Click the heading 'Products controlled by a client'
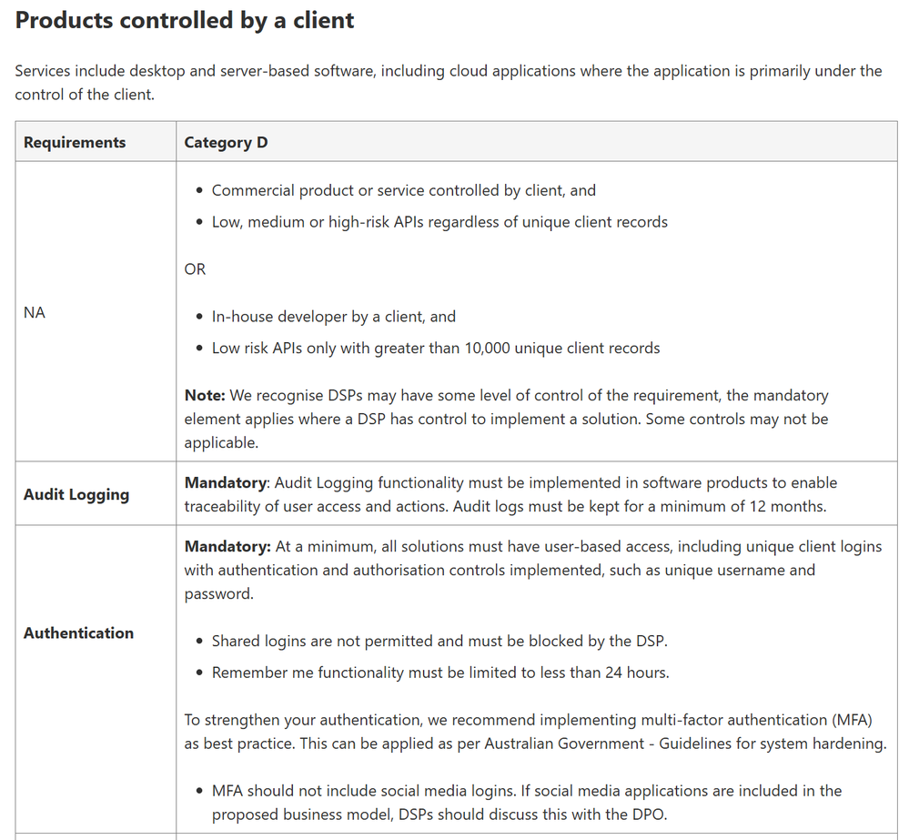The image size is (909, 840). [x=185, y=20]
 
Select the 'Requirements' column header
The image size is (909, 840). [x=75, y=142]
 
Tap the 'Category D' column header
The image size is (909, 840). [x=226, y=142]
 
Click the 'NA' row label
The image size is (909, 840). [x=35, y=312]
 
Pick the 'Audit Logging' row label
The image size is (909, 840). [x=76, y=494]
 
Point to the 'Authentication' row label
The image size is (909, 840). [x=78, y=633]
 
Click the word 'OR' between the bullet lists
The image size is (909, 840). [x=195, y=268]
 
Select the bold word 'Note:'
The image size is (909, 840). [x=204, y=395]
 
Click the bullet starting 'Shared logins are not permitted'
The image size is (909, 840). [x=439, y=641]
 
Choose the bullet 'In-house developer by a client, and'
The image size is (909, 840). [x=333, y=317]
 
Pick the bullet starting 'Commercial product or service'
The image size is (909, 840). [x=403, y=190]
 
